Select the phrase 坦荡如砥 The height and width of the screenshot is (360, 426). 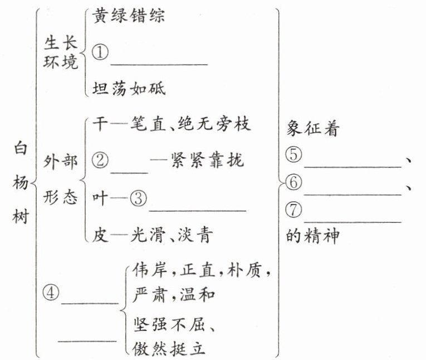(x=129, y=89)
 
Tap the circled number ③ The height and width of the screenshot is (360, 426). (x=140, y=198)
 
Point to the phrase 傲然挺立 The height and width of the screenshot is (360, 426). (x=170, y=348)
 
